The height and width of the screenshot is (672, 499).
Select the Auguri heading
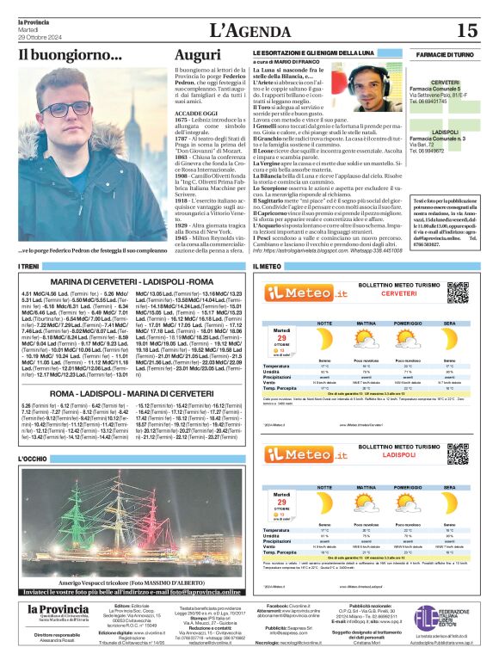coord(197,54)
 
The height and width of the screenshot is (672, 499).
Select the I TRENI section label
coord(29,267)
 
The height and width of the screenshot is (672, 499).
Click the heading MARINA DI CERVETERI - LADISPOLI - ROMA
coord(131,281)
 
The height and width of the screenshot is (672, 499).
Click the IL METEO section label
coord(268,267)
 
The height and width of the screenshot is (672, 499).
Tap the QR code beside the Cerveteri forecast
coord(459,292)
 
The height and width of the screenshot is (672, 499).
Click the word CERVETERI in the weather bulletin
coord(398,293)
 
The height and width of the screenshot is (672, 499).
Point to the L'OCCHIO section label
coord(34,459)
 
